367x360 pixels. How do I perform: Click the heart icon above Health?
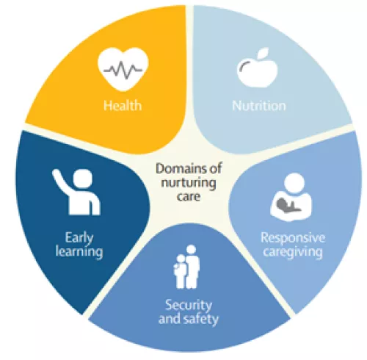pyautogui.click(x=123, y=69)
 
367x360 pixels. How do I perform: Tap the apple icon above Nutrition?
pyautogui.click(x=257, y=68)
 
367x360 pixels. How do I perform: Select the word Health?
pyautogui.click(x=123, y=106)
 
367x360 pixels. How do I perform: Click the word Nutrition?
pyautogui.click(x=259, y=106)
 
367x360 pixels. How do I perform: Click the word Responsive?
pyautogui.click(x=293, y=238)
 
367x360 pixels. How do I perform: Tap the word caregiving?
pyautogui.click(x=293, y=252)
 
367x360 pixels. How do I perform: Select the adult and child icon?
pyautogui.click(x=186, y=267)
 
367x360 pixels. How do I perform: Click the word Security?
pyautogui.click(x=189, y=306)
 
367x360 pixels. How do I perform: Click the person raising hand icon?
pyautogui.click(x=76, y=192)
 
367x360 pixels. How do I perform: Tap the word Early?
pyautogui.click(x=79, y=238)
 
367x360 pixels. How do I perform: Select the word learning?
pyautogui.click(x=79, y=252)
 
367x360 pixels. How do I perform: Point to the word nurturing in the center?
pyautogui.click(x=189, y=183)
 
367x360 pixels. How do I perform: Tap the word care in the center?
pyautogui.click(x=189, y=196)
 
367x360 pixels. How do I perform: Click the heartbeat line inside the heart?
pyautogui.click(x=123, y=70)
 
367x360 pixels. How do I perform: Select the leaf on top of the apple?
pyautogui.click(x=264, y=52)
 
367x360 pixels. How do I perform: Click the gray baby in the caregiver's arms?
pyautogui.click(x=287, y=205)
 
